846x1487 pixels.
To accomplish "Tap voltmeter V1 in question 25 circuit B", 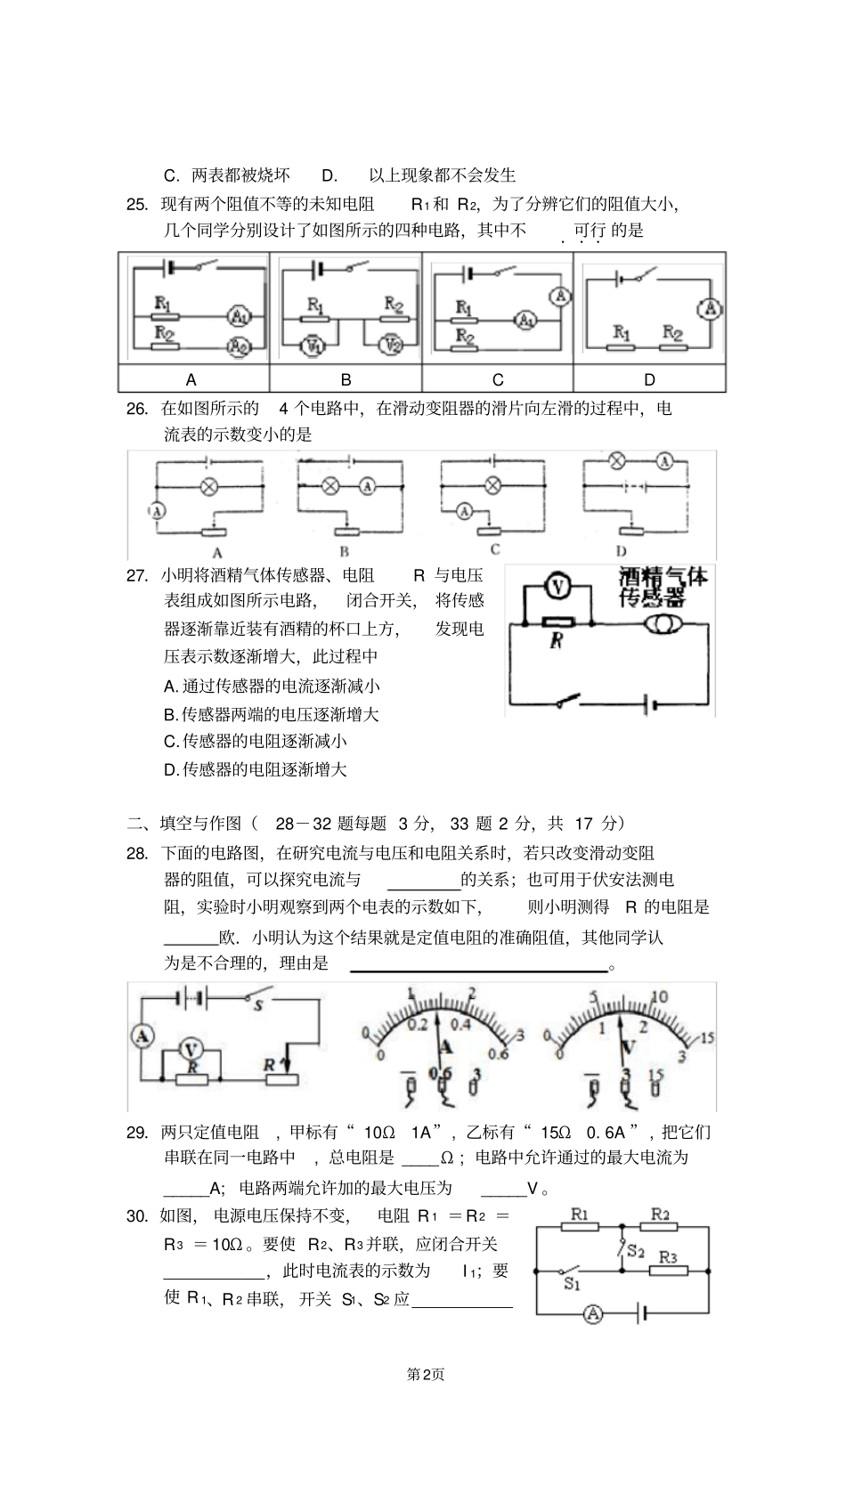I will (x=313, y=345).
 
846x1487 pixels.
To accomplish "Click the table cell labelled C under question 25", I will (x=498, y=379).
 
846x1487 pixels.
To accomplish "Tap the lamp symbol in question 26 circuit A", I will (x=209, y=487).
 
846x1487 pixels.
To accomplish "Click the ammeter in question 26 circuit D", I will (x=663, y=461).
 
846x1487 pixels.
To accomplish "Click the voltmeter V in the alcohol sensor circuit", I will (x=557, y=587).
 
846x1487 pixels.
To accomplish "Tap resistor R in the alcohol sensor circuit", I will (x=558, y=623).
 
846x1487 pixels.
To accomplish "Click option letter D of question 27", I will (x=172, y=770).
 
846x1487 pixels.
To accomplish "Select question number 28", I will (x=136, y=854).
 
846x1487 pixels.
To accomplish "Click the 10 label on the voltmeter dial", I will (x=659, y=997).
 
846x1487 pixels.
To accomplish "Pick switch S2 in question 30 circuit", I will (x=624, y=1248).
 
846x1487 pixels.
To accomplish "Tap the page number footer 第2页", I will (x=425, y=1375).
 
